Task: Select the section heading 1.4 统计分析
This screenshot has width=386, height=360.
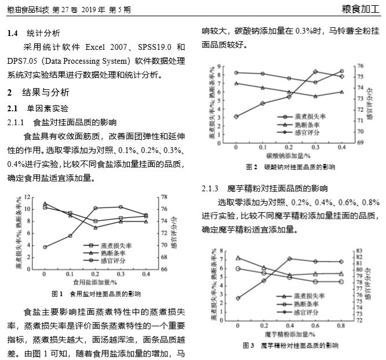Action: pyautogui.click(x=35, y=34)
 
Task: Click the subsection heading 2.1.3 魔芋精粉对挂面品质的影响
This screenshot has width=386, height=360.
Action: pyautogui.click(x=264, y=189)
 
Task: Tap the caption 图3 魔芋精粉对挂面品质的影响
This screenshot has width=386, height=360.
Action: pyautogui.click(x=290, y=346)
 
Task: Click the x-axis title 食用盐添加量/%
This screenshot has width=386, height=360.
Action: pyautogui.click(x=96, y=282)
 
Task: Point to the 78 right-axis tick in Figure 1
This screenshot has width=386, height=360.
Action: pyautogui.click(x=164, y=197)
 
